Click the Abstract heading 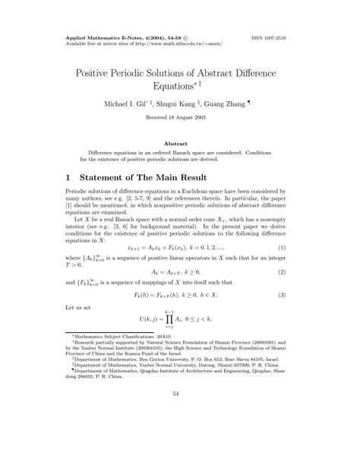pos(180,142)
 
